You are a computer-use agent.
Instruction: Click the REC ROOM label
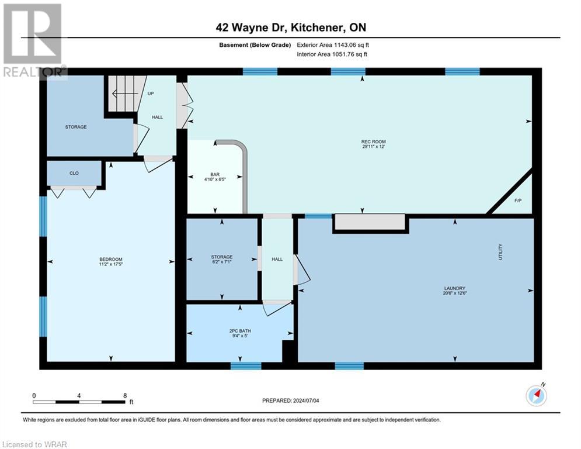click(x=374, y=141)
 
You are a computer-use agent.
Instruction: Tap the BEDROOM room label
click(x=111, y=260)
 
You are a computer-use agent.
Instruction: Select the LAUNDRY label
click(x=454, y=288)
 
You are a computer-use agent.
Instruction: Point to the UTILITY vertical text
click(x=500, y=252)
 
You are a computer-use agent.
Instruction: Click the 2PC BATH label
click(x=239, y=330)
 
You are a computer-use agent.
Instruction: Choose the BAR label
click(x=215, y=174)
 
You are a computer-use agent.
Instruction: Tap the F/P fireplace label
click(x=517, y=201)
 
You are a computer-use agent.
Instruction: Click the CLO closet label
click(x=74, y=173)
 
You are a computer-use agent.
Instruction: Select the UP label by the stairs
click(x=151, y=94)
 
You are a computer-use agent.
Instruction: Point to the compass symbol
click(x=536, y=396)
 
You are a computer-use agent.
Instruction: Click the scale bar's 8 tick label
click(x=125, y=395)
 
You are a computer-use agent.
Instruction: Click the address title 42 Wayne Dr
click(x=290, y=27)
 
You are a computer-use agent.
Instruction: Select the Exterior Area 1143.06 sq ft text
click(x=333, y=44)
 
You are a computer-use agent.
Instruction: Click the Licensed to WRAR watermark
click(x=34, y=444)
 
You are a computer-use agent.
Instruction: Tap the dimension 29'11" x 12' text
click(x=374, y=147)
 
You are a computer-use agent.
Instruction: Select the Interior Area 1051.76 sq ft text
click(x=332, y=54)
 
